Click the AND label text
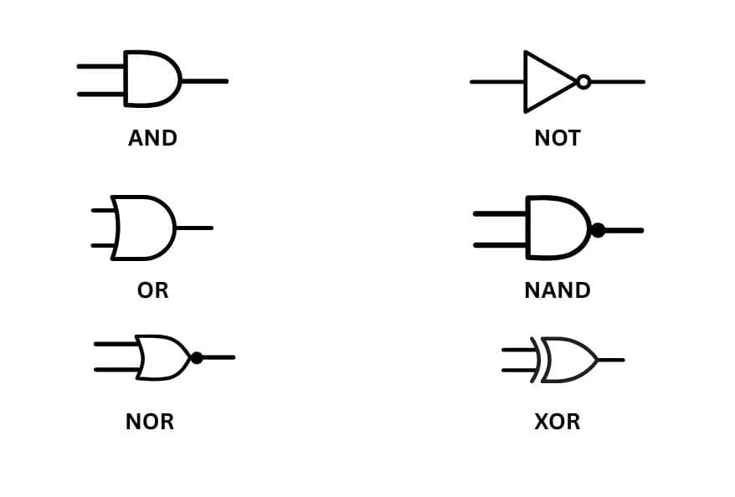(x=152, y=138)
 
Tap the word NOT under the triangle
(x=557, y=138)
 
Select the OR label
(x=152, y=290)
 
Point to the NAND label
(x=557, y=290)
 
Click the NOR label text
(x=150, y=422)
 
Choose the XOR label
(x=557, y=422)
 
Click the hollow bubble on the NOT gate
(x=583, y=82)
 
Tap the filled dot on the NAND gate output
(x=598, y=230)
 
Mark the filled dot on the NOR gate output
(x=197, y=358)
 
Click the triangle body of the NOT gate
(x=544, y=82)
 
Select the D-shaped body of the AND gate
(x=151, y=79)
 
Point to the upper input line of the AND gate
(x=100, y=66)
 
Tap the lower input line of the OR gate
(x=102, y=245)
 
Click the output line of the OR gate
(x=194, y=228)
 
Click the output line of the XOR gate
(x=611, y=360)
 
